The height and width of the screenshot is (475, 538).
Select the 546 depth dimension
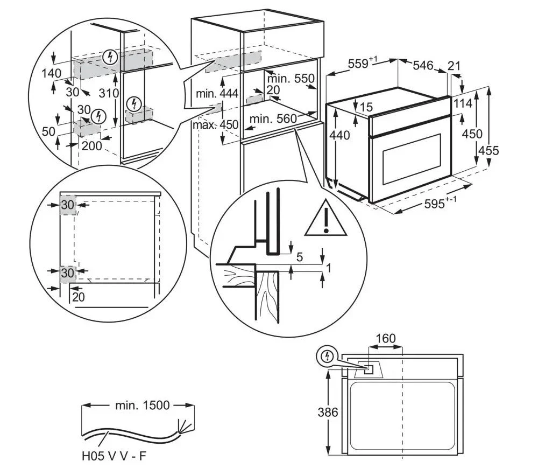coord(423,66)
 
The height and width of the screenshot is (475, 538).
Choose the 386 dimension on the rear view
coord(328,413)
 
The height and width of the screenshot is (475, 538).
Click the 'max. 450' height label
coord(215,125)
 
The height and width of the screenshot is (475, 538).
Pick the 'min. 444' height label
coord(217,93)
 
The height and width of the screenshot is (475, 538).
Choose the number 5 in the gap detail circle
coord(299,257)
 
